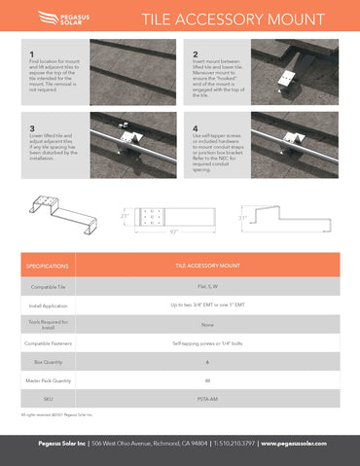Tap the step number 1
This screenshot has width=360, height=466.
pyautogui.click(x=32, y=54)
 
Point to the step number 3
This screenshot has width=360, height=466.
pyautogui.click(x=32, y=127)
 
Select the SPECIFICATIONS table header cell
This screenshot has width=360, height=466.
pyautogui.click(x=47, y=265)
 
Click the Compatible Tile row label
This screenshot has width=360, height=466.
pyautogui.click(x=47, y=287)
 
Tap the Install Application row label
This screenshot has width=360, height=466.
pyautogui.click(x=47, y=306)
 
